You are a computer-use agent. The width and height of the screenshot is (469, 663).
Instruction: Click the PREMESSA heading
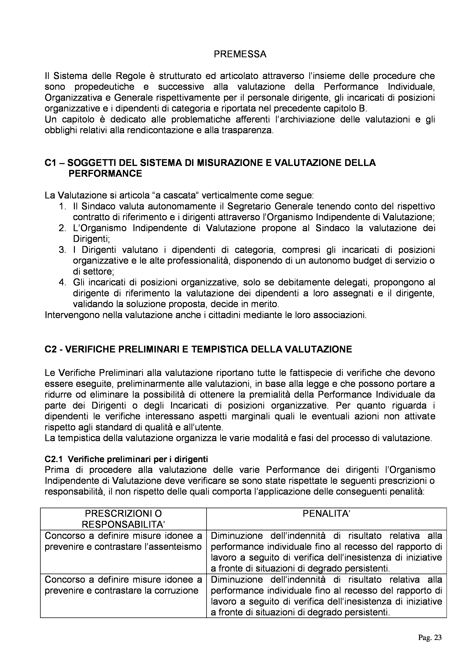[240, 54]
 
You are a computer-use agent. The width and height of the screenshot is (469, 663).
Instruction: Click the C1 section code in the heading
[50, 163]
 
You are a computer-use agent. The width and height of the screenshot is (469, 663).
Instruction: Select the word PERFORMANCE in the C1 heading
[105, 173]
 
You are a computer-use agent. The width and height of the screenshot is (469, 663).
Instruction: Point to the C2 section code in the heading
[50, 349]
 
